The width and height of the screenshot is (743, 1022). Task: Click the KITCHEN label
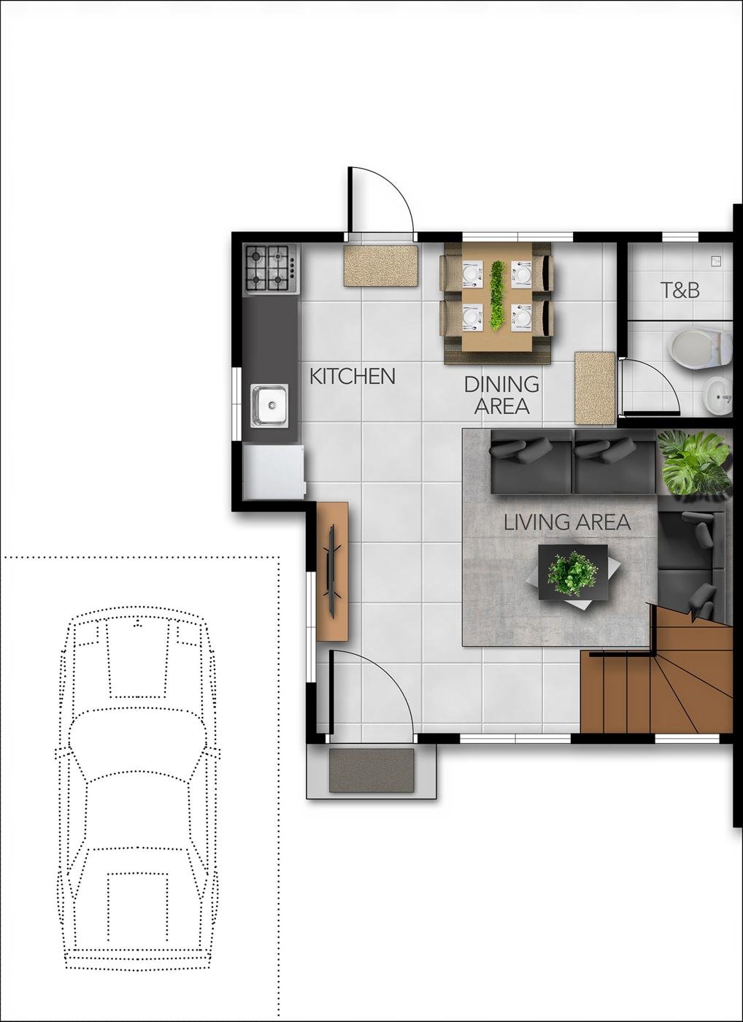coord(352,376)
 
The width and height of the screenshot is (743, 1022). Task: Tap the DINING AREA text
coord(501,395)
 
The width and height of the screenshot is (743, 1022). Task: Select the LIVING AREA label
coord(567,523)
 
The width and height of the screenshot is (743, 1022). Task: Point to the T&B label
coord(680,291)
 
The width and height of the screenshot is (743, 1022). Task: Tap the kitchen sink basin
coord(269,405)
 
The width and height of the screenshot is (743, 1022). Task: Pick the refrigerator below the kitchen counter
coord(274,473)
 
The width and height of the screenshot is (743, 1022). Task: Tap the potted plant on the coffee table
coord(573,574)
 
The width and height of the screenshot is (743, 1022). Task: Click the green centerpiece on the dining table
coord(497,295)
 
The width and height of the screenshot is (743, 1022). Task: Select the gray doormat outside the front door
coord(371,769)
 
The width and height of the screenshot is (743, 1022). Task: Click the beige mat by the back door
coord(381,266)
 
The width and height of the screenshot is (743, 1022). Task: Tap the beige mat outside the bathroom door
coord(595,388)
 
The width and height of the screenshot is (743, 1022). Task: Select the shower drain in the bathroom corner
coord(717,261)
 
